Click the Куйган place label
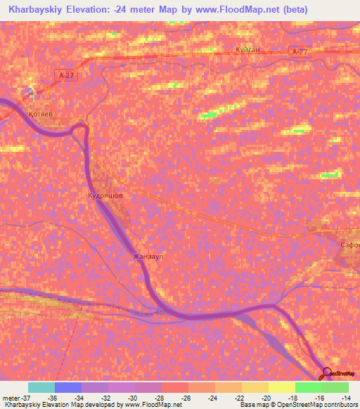249,50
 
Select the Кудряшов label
105,196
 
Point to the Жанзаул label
148,257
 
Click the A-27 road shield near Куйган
299,51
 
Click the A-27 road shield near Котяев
65,74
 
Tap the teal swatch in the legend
41,387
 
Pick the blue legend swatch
68,387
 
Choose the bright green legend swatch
308,387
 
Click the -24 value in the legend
214,397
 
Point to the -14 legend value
347,397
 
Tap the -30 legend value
134,397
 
